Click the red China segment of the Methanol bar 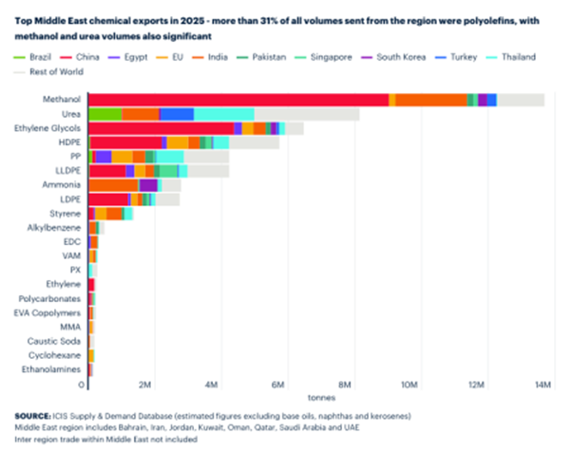pyautogui.click(x=238, y=100)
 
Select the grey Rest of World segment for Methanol pyautogui.click(x=520, y=100)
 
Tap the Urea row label pyautogui.click(x=71, y=114)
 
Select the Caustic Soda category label pyautogui.click(x=58, y=341)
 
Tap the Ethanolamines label pyautogui.click(x=53, y=369)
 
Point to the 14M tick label pyautogui.click(x=543, y=385)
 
